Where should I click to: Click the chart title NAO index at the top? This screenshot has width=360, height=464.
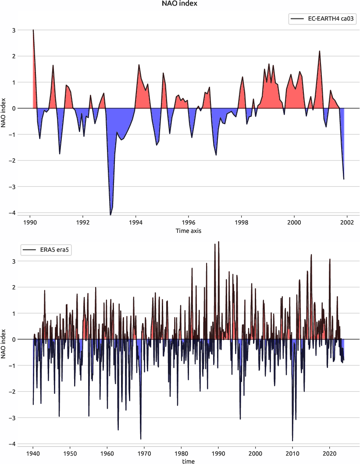180,4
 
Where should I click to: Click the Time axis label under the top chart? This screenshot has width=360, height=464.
189,230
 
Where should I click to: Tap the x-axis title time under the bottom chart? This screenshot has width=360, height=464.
189,461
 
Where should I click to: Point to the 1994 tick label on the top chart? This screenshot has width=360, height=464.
135,222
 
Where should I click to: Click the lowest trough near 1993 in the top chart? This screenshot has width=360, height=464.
110,214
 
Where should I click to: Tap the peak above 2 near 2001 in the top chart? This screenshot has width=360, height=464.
320,51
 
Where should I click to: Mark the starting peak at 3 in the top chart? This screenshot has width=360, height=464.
33,30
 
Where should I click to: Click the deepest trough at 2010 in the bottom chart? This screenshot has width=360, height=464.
292,440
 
